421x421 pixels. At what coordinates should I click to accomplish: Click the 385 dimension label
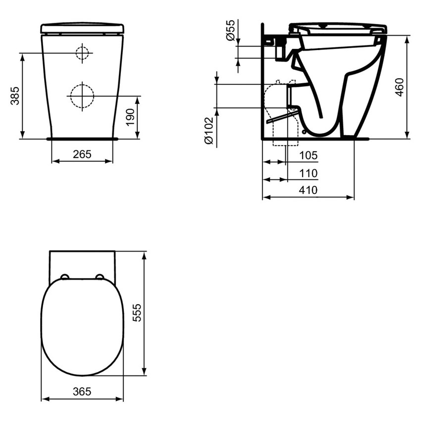15,96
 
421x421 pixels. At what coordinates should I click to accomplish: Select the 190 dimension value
130,118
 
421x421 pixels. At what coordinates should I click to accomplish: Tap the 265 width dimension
82,154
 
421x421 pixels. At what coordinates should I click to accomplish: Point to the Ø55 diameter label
230,31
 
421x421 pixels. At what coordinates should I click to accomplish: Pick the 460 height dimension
400,87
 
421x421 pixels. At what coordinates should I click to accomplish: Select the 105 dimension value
308,156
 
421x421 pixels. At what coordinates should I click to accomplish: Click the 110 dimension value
308,173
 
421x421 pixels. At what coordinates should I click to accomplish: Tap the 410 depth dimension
308,190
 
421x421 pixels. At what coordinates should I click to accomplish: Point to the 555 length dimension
137,313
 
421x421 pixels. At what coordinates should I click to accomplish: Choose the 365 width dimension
82,391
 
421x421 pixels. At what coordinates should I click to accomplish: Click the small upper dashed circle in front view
82,53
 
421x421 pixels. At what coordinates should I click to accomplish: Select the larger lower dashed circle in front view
81,95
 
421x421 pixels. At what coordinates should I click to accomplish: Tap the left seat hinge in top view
65,277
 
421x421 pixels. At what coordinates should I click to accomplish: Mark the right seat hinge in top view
100,277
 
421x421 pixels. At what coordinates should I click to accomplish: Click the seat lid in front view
82,28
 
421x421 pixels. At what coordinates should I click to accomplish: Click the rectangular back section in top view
82,262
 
